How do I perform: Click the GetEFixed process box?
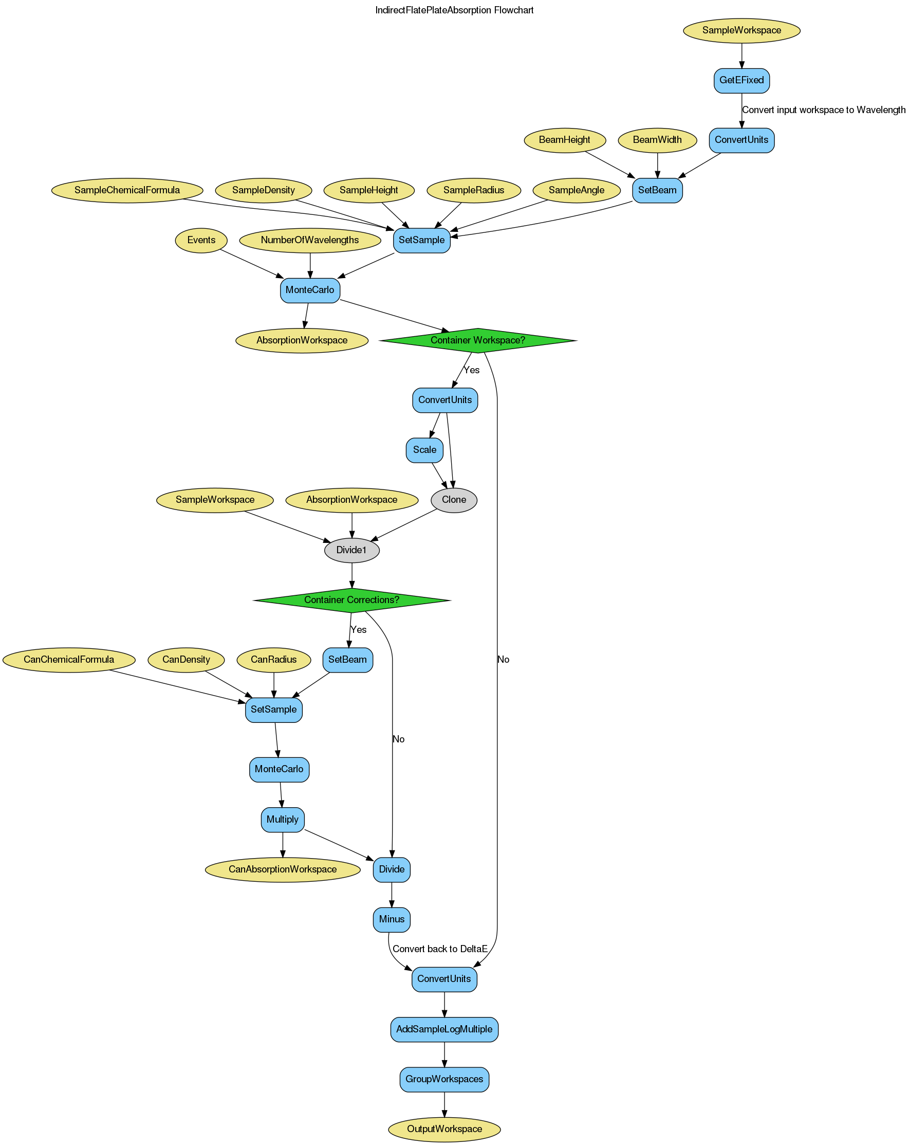point(741,80)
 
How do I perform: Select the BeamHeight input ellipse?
point(564,140)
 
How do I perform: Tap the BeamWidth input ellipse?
point(658,140)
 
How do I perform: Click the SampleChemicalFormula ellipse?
point(127,190)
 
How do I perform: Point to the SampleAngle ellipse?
point(577,190)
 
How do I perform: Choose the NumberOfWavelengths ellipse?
point(310,240)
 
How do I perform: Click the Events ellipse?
point(201,240)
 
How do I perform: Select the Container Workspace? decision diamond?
point(477,340)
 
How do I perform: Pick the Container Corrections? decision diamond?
point(351,600)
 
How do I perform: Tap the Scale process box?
point(424,450)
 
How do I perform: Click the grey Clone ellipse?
point(454,500)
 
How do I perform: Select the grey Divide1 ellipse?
point(351,550)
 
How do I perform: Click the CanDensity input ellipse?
point(185,660)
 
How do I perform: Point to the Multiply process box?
point(282,820)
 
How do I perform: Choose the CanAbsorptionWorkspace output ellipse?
point(282,869)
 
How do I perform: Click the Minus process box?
point(392,919)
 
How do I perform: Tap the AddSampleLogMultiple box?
point(444,1029)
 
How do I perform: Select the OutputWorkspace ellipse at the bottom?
point(444,1129)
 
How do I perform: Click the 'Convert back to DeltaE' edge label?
point(440,949)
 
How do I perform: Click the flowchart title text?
point(454,10)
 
